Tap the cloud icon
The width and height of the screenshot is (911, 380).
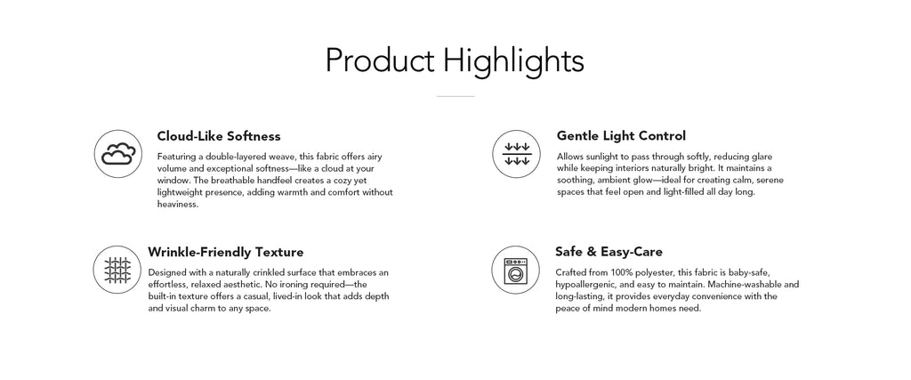118,154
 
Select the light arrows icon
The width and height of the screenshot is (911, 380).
517,154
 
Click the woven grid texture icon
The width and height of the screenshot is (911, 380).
117,270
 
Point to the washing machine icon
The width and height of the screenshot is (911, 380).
516,270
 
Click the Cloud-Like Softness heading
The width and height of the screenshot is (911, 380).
219,136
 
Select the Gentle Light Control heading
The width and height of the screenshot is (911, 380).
621,135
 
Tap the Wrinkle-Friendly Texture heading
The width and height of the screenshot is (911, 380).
225,252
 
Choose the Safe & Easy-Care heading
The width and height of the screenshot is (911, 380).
609,252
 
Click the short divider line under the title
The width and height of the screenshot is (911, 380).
455,96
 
